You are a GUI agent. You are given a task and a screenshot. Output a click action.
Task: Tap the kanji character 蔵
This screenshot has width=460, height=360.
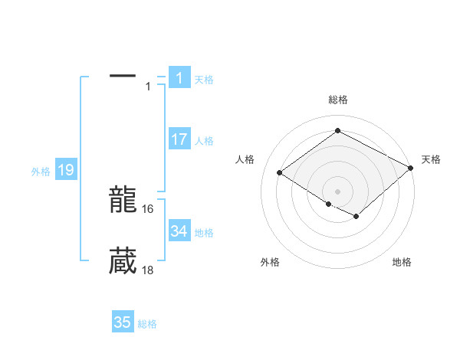123,261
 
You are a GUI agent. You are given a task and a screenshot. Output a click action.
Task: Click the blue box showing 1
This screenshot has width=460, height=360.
179,77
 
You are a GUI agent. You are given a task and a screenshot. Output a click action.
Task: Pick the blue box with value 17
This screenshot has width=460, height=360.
179,139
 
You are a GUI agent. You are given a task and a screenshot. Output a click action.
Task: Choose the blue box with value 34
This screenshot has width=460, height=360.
179,231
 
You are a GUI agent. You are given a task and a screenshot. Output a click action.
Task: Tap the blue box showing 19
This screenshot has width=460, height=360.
65,170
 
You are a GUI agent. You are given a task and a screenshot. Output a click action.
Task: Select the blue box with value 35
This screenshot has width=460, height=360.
123,322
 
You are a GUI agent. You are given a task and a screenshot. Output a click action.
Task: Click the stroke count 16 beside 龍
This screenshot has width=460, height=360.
149,208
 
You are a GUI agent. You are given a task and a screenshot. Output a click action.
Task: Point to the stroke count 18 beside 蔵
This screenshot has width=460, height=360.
149,270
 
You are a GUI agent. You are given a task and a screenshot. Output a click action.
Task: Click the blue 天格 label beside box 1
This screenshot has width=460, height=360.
204,79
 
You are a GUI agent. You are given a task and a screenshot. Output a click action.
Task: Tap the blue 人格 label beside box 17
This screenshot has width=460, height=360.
204,141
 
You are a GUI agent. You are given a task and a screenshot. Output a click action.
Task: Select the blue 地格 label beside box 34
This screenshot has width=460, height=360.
204,233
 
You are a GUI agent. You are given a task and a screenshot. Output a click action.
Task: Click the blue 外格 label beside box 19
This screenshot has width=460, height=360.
41,172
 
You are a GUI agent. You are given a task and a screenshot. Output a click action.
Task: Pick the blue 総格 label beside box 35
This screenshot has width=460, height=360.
147,324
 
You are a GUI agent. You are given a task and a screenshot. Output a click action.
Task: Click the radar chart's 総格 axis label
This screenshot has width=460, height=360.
337,100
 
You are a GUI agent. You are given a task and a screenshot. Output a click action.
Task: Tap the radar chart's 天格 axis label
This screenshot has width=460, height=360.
431,159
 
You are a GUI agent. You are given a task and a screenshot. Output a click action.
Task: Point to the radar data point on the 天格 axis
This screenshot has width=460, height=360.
411,168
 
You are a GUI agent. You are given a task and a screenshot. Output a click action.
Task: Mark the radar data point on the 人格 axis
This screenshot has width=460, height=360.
280,173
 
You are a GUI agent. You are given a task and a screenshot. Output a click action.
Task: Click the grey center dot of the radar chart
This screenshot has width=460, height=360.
337,191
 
